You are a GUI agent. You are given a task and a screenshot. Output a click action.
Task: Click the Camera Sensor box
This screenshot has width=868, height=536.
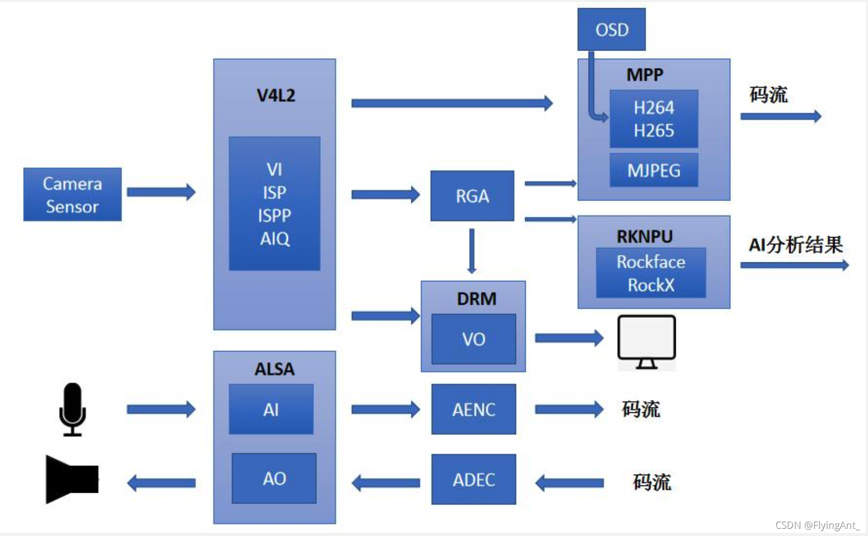tap(72, 194)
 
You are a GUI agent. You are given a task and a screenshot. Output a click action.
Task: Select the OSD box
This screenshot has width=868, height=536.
tap(611, 29)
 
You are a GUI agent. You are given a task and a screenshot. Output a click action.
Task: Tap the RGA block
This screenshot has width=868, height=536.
tap(472, 196)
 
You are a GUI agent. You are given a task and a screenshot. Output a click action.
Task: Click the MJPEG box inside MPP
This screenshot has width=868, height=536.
tap(654, 170)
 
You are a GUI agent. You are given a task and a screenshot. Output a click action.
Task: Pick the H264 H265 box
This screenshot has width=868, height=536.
tap(654, 119)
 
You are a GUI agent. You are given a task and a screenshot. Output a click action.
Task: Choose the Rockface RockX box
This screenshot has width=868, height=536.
tap(650, 273)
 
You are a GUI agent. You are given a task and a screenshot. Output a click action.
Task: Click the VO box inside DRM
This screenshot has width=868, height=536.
tap(473, 339)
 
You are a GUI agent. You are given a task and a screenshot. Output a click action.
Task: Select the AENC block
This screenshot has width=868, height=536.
tap(473, 409)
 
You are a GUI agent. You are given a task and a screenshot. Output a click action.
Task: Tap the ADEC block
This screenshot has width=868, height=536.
tap(473, 479)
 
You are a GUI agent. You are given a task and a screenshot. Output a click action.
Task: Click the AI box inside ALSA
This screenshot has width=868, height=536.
tap(271, 409)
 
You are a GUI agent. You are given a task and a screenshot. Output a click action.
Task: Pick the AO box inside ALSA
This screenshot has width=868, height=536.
tap(274, 478)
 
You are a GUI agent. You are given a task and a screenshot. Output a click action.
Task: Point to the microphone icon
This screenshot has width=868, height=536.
tap(72, 409)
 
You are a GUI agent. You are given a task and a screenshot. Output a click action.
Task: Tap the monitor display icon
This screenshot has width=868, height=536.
tap(646, 341)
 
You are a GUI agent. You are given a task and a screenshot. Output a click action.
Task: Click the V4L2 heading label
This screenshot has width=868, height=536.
tap(276, 95)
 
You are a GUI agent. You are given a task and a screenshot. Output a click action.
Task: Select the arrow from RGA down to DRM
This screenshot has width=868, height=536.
tap(472, 251)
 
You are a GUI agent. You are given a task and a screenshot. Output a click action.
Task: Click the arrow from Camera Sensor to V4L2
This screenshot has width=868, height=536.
tap(161, 192)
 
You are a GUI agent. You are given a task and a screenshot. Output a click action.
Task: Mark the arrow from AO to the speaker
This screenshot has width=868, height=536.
tap(161, 483)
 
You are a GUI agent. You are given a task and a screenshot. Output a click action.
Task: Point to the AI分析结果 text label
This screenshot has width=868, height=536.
tap(795, 245)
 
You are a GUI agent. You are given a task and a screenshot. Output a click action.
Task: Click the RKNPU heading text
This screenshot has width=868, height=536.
tap(644, 237)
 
